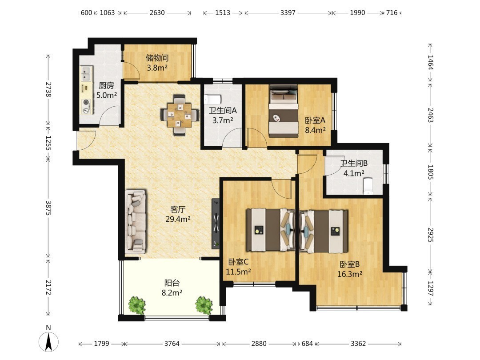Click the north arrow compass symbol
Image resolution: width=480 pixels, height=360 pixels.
[48, 340]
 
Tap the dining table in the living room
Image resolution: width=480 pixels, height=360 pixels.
[180, 116]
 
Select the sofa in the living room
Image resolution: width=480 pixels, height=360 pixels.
[135, 222]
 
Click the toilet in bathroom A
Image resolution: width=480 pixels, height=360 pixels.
[213, 99]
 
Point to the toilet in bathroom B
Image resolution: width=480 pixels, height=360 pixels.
[368, 186]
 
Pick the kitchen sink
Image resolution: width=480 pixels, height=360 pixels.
[86, 74]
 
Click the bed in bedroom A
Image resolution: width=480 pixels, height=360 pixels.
[284, 111]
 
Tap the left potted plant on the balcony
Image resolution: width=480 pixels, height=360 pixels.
[137, 304]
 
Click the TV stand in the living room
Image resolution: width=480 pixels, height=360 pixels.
[216, 224]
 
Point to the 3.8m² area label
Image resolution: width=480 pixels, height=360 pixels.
[157, 68]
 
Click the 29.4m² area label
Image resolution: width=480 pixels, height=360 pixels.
[178, 219]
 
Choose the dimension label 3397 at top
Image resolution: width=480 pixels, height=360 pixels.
[288, 12]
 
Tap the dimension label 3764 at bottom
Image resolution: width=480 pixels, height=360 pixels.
[172, 344]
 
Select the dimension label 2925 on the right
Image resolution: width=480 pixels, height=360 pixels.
[430, 235]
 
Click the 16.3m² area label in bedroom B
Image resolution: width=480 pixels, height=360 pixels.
[350, 274]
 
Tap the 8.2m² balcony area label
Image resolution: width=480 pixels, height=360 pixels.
[172, 292]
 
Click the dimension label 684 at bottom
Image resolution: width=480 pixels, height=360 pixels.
[307, 344]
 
